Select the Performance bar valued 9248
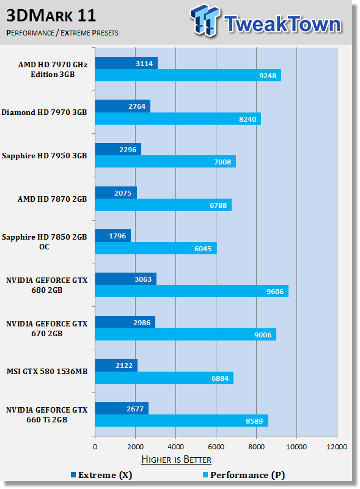(188, 76)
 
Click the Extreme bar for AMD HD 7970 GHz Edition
(126, 63)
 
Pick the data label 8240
(248, 119)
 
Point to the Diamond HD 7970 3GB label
(44, 112)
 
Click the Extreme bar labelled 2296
(118, 149)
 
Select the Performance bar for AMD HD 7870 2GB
(163, 205)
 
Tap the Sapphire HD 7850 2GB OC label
(44, 241)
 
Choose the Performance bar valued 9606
(191, 292)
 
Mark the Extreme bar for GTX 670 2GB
(125, 322)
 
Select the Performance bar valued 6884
(164, 378)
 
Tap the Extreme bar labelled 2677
(122, 408)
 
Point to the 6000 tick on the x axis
(216, 447)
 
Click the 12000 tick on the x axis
(337, 447)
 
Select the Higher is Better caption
(176, 459)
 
